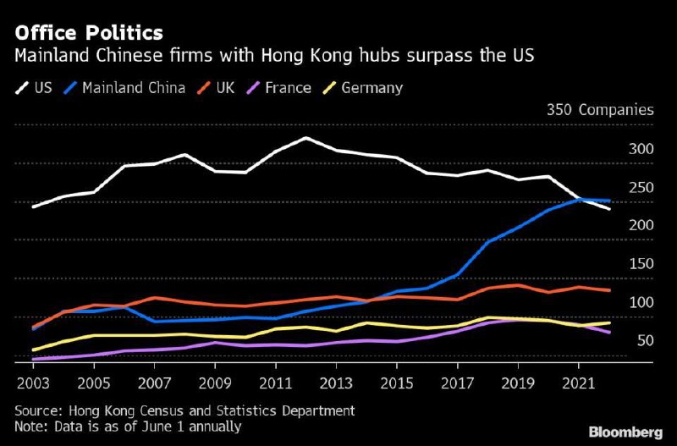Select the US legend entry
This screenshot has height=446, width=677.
coord(34,87)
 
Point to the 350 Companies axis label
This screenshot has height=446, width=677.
coord(600,110)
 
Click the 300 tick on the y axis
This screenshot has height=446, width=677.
coord(642,149)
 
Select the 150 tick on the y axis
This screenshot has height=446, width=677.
coord(642,263)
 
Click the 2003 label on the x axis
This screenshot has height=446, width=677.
coord(33,382)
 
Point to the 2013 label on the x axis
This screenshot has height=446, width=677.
coord(336,382)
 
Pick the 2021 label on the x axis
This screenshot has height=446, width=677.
coord(579,382)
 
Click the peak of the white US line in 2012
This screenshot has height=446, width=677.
coord(305,138)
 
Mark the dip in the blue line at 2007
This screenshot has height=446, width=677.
coord(154,322)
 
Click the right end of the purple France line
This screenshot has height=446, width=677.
coord(610,333)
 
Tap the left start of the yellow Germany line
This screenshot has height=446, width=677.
coord(33,350)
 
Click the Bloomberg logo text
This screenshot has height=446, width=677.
coord(626,432)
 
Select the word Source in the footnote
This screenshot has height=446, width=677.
coord(37,410)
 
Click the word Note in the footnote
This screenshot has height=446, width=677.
coord(30,427)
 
